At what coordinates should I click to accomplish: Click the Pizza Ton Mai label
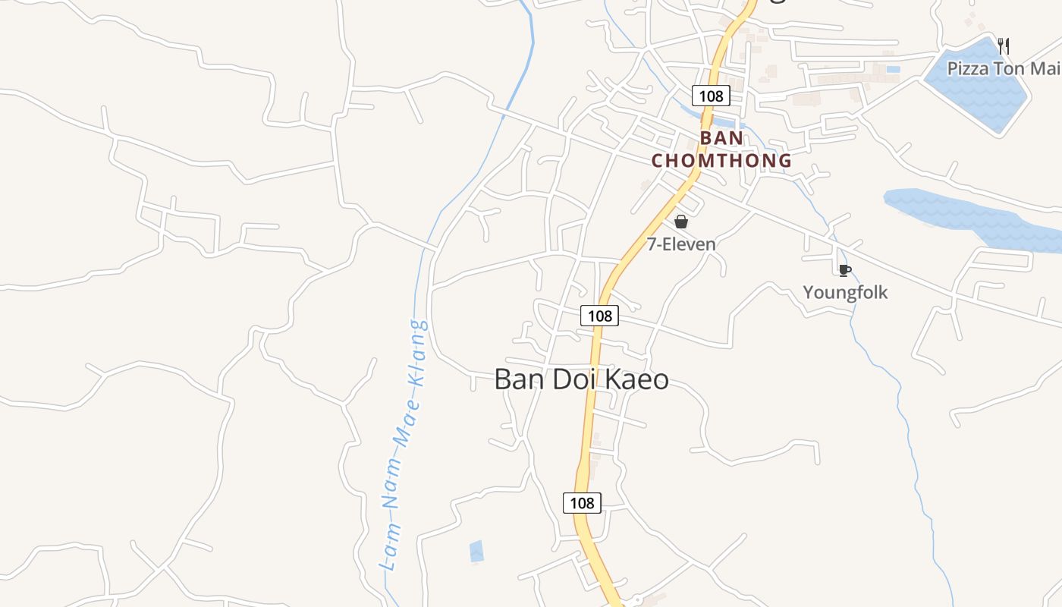click(1002, 69)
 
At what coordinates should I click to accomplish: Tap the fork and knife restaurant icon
click(1003, 46)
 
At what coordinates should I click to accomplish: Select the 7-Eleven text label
click(681, 244)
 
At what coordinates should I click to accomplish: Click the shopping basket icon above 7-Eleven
click(681, 222)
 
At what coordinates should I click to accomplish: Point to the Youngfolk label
click(845, 293)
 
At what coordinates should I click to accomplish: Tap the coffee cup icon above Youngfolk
click(844, 270)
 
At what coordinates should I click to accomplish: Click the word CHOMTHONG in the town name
click(721, 161)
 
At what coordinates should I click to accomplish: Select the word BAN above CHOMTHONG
click(721, 139)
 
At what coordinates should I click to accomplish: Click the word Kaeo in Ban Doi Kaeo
click(636, 379)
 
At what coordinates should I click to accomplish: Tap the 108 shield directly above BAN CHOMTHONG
click(711, 96)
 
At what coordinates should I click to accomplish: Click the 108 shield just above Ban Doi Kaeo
click(599, 316)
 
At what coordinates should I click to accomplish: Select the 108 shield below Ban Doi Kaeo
click(582, 502)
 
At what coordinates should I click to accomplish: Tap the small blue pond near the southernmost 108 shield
click(476, 552)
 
